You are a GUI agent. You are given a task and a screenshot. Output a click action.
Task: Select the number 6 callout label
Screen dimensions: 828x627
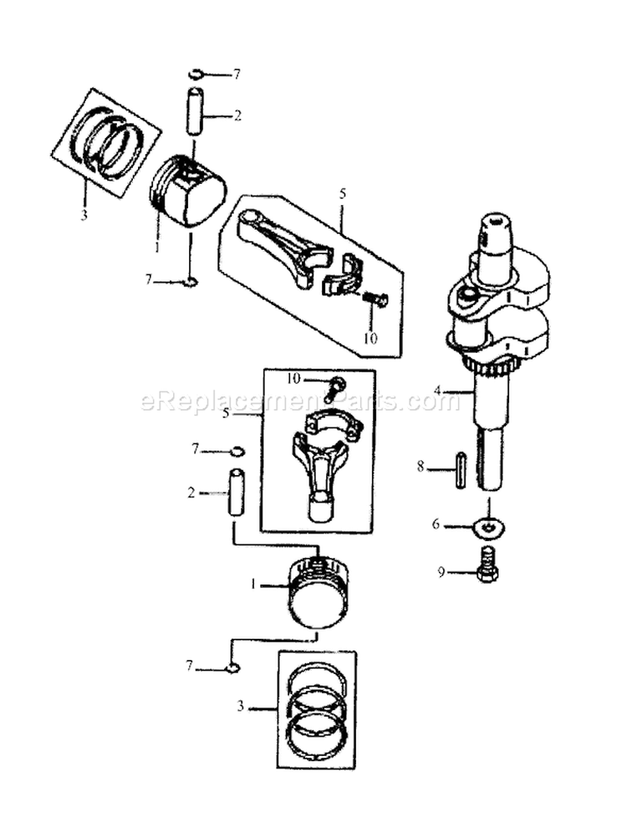pos(436,524)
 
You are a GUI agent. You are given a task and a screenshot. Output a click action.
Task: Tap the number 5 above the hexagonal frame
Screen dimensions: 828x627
pos(342,193)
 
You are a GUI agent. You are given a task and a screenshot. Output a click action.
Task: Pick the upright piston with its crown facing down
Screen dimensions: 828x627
pos(319,592)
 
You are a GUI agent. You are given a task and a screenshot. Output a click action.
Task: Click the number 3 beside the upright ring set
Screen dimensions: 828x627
pos(240,707)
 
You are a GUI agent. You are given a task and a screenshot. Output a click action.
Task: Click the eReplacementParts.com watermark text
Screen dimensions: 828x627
pos(301,401)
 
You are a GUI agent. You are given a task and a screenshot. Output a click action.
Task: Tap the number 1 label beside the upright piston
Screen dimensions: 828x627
pos(253,585)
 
